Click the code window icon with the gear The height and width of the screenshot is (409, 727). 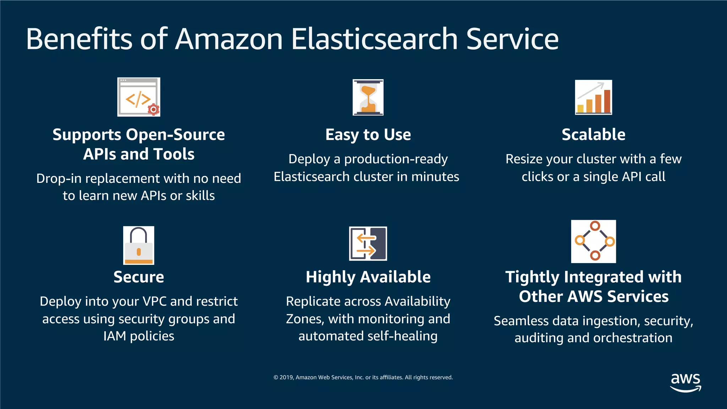pos(138,97)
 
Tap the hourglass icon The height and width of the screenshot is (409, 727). pos(368,97)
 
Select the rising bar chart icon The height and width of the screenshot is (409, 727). pos(594,97)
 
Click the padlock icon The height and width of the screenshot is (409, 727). pos(138,245)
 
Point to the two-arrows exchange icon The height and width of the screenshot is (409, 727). pos(368,244)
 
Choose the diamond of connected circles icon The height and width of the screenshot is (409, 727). pos(594,241)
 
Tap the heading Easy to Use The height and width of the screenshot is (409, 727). pos(368,135)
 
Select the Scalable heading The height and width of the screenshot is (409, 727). pos(594,135)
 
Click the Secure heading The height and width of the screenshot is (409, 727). pos(138,277)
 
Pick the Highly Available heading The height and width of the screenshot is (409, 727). pos(368,277)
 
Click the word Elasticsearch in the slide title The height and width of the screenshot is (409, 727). pos(374,39)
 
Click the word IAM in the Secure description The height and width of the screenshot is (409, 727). pos(114,336)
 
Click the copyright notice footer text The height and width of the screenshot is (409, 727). pos(363,377)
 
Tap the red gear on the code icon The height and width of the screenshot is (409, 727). pos(153,110)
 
